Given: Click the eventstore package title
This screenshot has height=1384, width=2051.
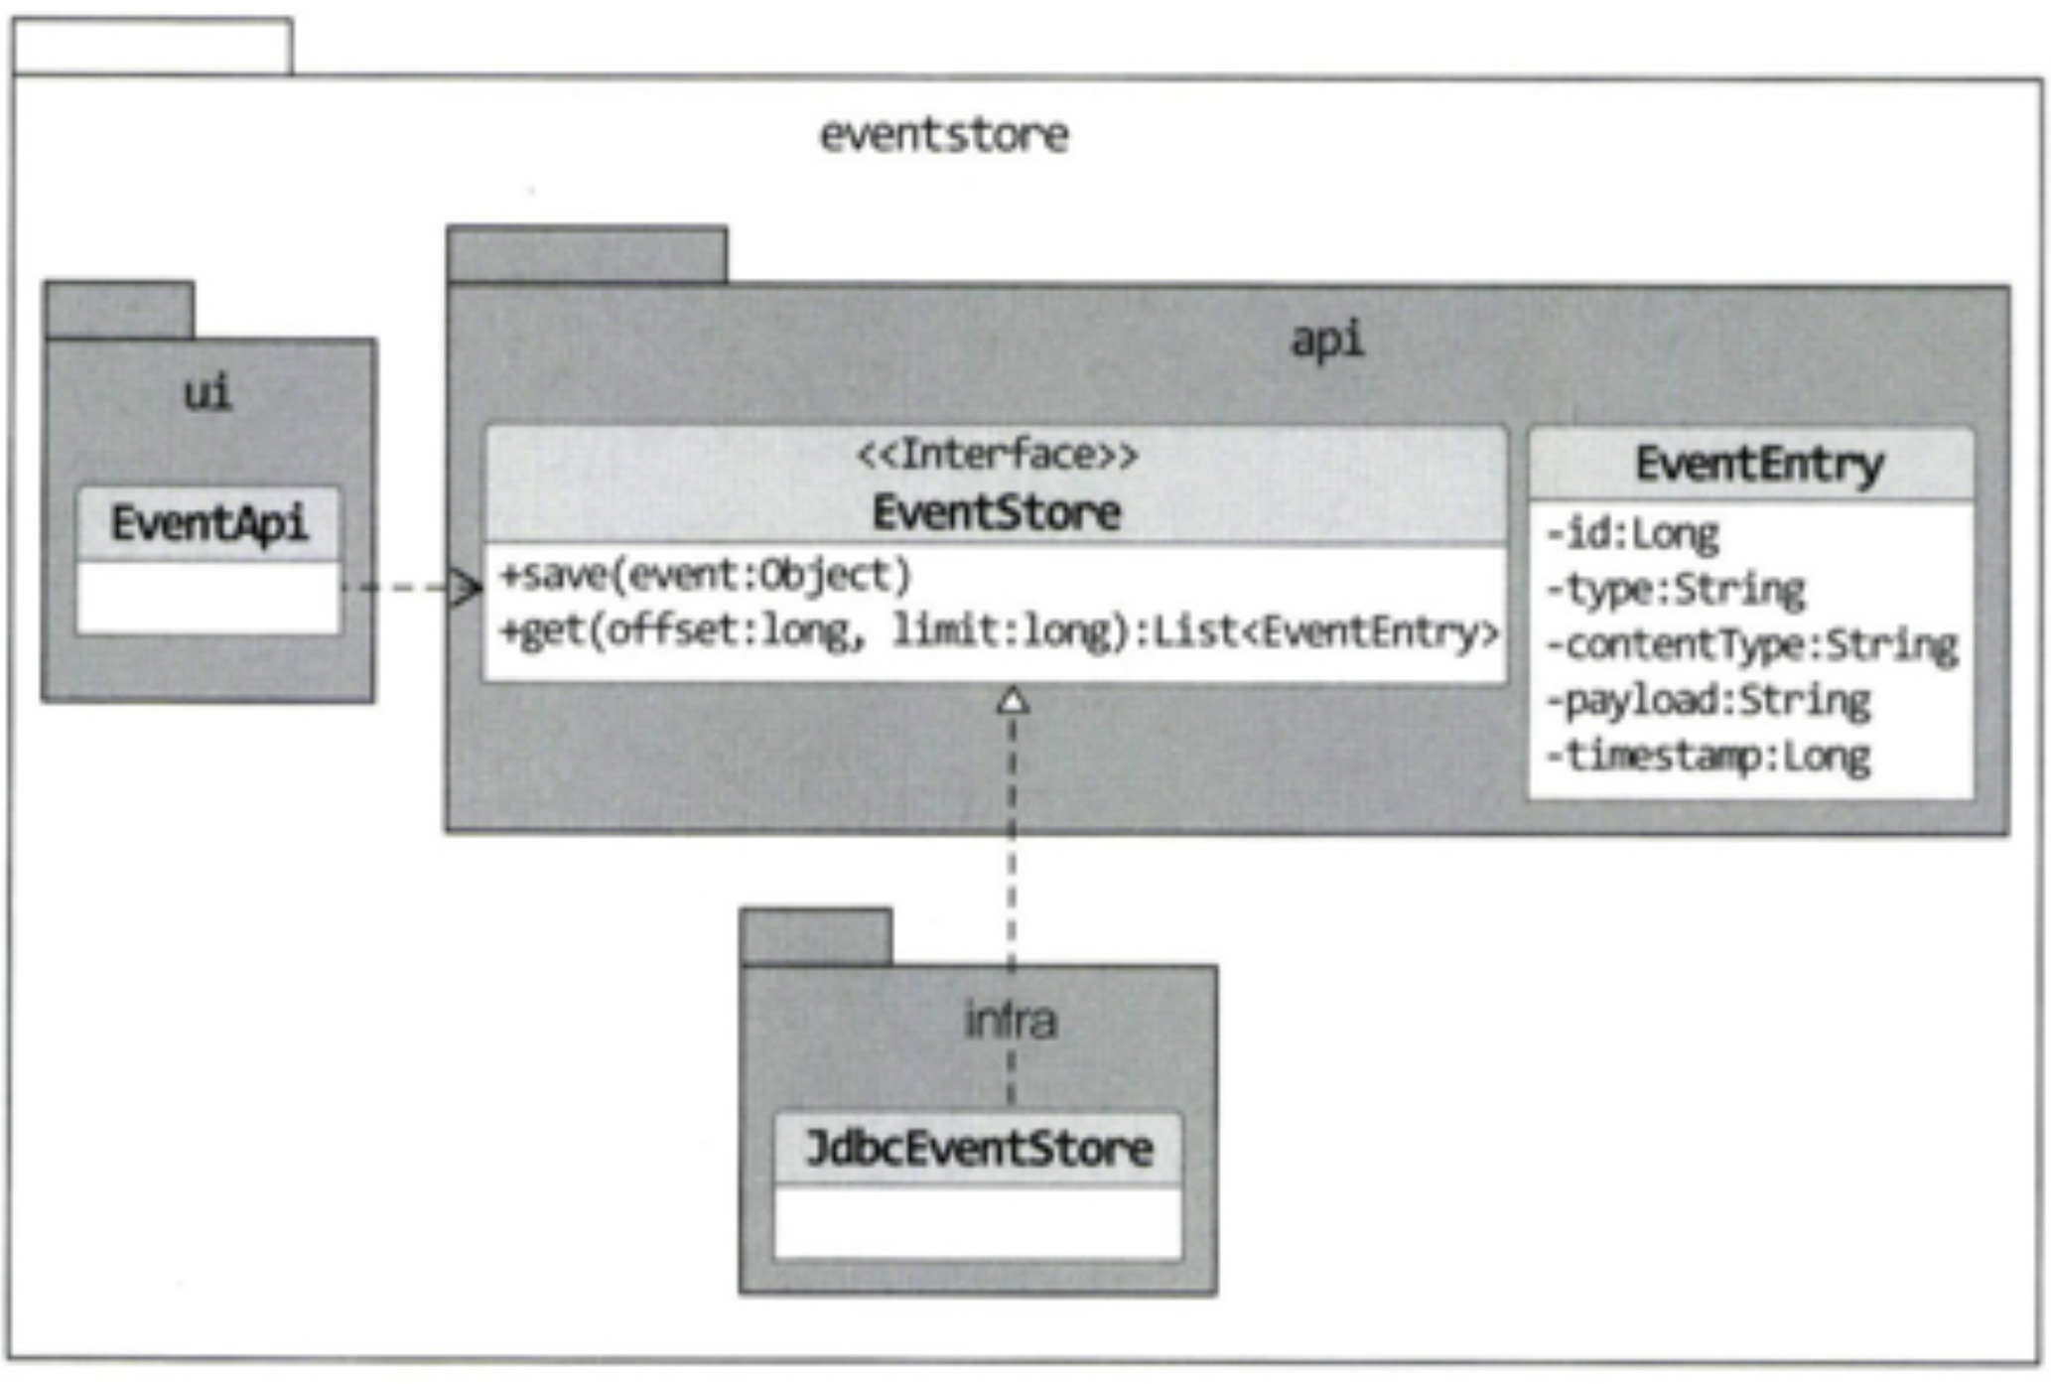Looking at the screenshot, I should pos(943,134).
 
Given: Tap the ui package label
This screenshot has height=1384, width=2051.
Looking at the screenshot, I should pos(207,393).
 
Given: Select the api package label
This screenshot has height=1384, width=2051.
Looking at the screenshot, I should pos(1327,341).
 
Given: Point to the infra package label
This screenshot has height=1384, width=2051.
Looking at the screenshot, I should pos(1011,1021).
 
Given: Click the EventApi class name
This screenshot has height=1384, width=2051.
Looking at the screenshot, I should pos(208,523).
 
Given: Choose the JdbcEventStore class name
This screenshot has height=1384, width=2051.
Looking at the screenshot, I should pos(979,1149).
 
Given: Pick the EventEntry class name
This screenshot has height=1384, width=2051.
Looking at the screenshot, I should pos(1758,464).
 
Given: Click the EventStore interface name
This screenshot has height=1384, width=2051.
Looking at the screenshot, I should pos(996,513).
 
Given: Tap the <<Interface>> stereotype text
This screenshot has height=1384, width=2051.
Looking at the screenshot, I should pos(997,455).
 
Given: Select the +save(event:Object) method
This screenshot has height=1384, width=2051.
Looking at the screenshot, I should pos(705,576).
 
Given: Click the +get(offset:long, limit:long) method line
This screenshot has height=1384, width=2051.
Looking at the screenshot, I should pos(998,631).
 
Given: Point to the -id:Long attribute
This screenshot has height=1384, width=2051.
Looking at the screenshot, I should pos(1632,534).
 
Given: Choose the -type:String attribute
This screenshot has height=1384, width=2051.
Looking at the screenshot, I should pos(1676,590).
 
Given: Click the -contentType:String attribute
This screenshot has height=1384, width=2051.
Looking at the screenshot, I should pos(1752,645).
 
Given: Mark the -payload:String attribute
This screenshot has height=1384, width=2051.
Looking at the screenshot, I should pos(1709,701).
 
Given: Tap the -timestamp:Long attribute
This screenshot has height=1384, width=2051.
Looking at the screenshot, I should pos(1709,757).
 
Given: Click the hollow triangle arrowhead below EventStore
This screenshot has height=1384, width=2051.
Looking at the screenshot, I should pos(1012,701).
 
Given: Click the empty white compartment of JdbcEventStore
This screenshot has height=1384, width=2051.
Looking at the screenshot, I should pos(978,1223).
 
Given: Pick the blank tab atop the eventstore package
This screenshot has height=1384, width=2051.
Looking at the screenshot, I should pos(153,46).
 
